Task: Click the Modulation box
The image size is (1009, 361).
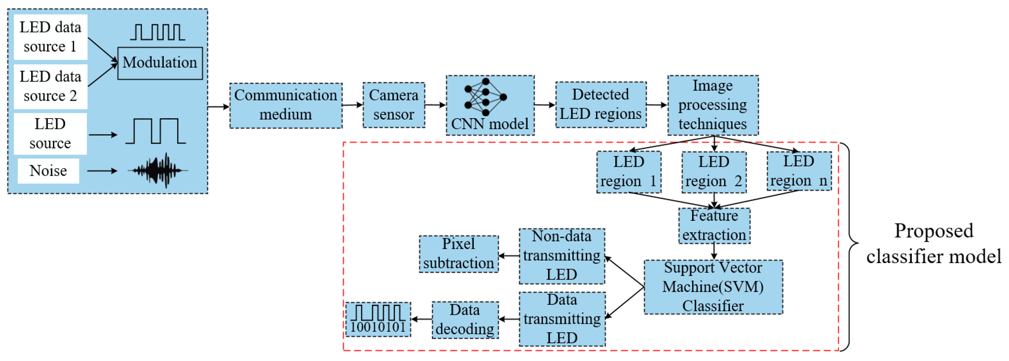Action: (160, 63)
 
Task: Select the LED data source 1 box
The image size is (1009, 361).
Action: (50, 37)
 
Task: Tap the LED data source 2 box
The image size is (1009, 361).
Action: (50, 86)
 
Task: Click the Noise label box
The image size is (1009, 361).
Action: (48, 171)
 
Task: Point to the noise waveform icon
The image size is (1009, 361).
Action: (158, 171)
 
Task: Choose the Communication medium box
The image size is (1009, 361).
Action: (285, 105)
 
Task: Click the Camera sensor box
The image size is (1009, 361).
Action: (393, 105)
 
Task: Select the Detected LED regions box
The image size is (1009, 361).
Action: (600, 105)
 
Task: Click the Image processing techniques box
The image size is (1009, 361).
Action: (712, 105)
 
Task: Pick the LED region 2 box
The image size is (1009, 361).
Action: (714, 172)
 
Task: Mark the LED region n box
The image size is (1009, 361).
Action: (799, 171)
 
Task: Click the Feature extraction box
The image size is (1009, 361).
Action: (714, 226)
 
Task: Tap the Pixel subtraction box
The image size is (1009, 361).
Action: (459, 254)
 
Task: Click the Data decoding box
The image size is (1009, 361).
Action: (465, 320)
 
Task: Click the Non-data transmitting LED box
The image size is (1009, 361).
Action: (562, 256)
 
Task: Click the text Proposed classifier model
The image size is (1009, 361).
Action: (933, 244)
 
